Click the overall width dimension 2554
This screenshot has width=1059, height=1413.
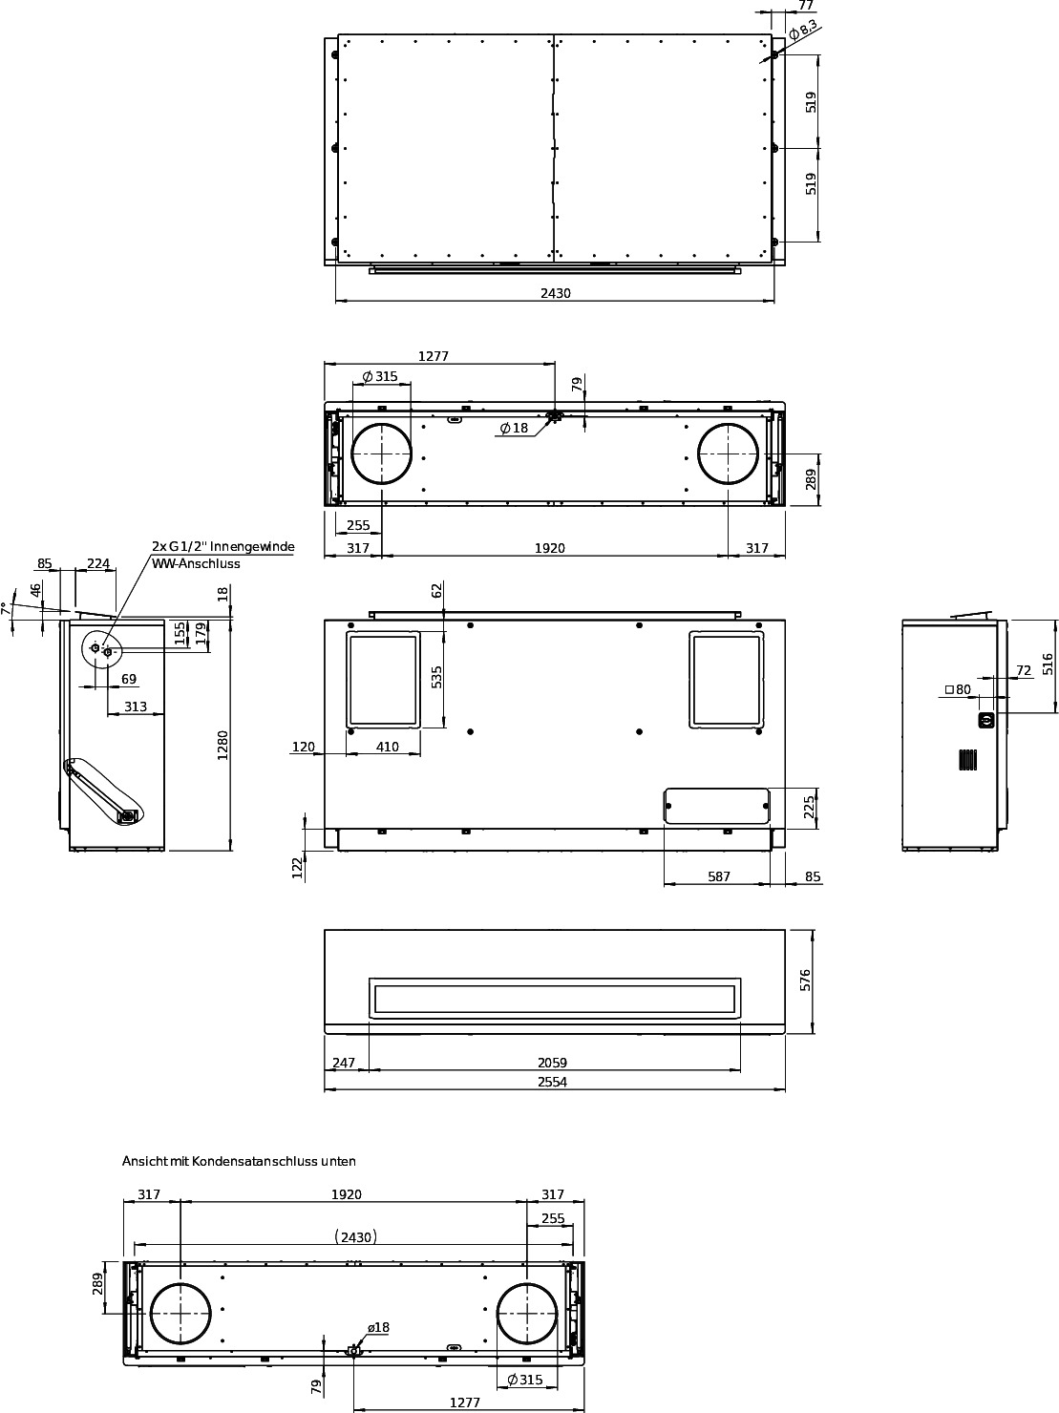(552, 1081)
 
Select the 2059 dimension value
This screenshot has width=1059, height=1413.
(552, 1063)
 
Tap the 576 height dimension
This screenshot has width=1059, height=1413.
(805, 980)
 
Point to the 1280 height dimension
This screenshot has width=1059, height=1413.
(222, 745)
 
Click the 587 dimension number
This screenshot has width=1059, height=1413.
(718, 876)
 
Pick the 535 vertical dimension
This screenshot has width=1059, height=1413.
(437, 677)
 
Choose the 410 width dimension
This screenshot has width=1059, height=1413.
(387, 747)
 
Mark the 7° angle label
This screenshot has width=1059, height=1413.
(5, 608)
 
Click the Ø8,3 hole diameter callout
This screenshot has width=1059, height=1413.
(803, 30)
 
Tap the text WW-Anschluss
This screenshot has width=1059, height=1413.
(196, 563)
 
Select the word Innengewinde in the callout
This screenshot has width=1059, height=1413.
(252, 546)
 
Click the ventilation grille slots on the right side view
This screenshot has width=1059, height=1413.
(967, 759)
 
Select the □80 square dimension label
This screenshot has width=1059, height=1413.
(958, 689)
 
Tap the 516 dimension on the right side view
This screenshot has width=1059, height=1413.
(1048, 664)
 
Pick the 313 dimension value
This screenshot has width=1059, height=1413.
(136, 706)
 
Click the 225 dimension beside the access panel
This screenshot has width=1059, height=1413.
(809, 807)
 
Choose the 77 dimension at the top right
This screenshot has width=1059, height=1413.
(806, 5)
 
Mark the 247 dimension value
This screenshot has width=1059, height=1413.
(343, 1063)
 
